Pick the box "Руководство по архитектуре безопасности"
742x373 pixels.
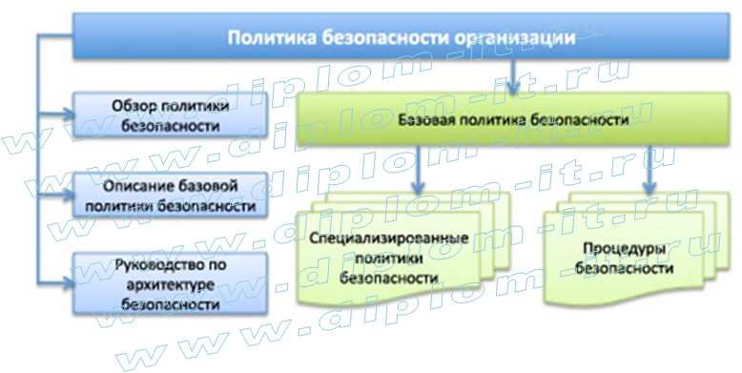[165, 281]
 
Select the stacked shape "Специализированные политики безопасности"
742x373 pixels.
[394, 250]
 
